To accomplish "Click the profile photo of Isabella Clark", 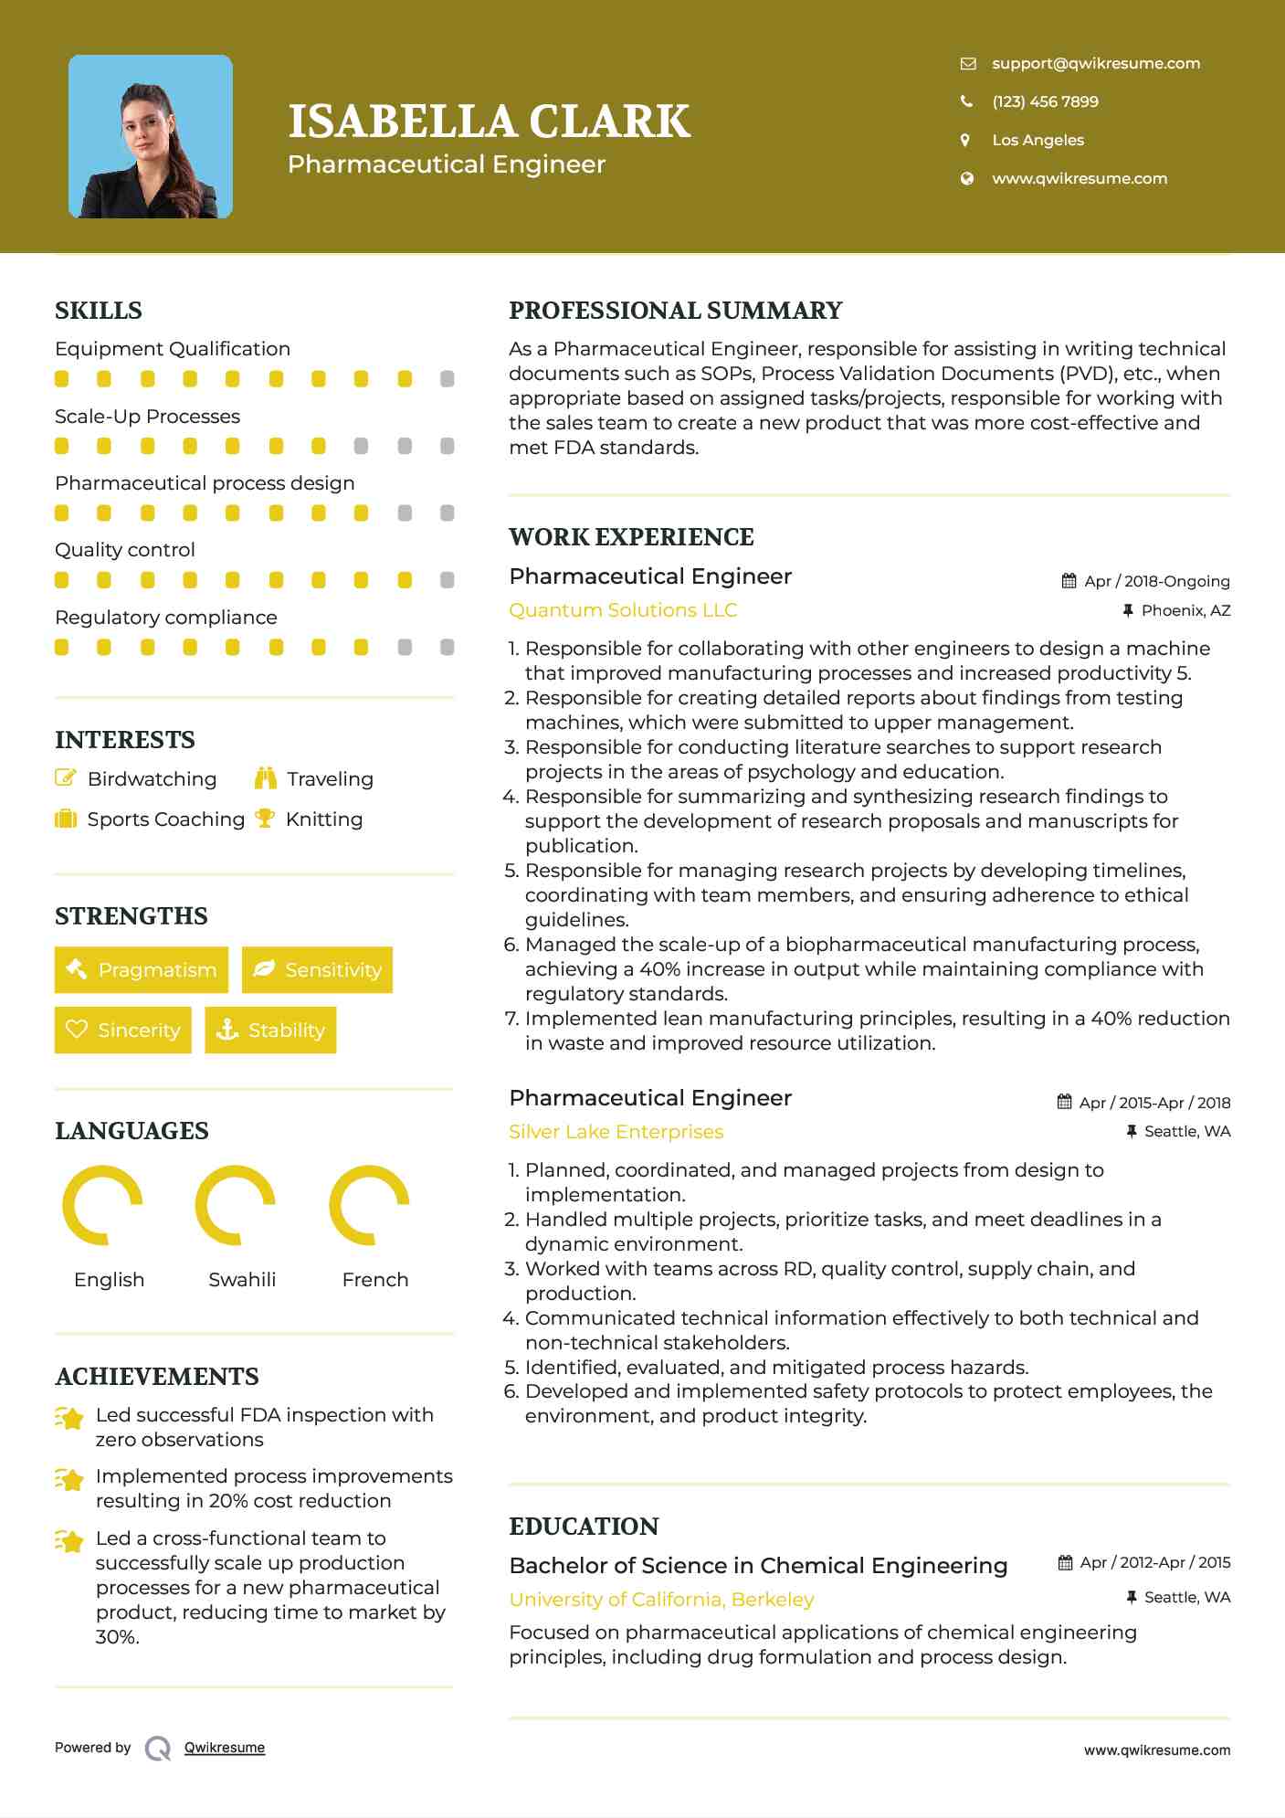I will click(151, 137).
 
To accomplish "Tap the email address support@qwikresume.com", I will click(1095, 63).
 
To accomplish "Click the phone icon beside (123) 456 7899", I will click(966, 101).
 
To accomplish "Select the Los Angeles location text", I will click(1037, 140).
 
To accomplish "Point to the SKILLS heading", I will click(99, 311).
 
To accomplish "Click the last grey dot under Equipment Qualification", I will click(447, 379).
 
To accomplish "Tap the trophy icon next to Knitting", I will click(265, 819).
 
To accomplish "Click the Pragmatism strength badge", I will click(142, 969).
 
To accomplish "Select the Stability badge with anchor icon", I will click(270, 1030).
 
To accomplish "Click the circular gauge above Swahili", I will click(236, 1205).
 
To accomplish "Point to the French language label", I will click(374, 1279).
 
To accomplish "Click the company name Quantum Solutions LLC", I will click(623, 610).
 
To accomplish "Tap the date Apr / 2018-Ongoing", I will click(1156, 581).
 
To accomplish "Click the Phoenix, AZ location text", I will click(1185, 610).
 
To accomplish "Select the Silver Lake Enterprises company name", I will click(616, 1132).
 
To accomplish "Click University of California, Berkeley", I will click(661, 1600).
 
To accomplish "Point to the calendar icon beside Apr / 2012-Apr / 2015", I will click(1065, 1562).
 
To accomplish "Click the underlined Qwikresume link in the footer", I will click(225, 1748).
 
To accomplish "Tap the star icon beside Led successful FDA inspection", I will click(69, 1418).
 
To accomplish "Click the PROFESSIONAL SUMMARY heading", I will click(675, 311).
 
